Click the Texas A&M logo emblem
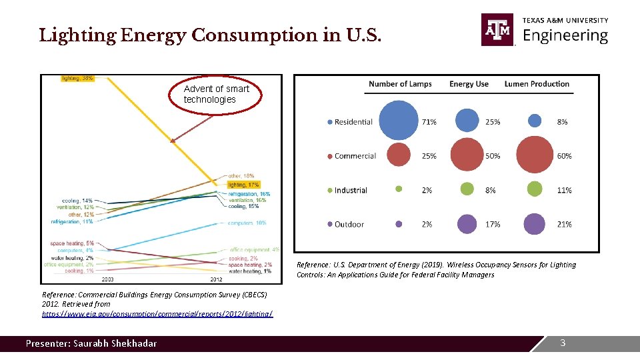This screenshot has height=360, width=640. point(498,30)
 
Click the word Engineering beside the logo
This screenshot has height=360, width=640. point(565,35)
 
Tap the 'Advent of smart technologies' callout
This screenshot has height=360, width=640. point(217,94)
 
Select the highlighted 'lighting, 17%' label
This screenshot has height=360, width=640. point(243,184)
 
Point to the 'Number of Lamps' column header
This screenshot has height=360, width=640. point(400,84)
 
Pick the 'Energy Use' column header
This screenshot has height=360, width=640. point(469,84)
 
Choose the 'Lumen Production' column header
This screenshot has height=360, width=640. point(537,84)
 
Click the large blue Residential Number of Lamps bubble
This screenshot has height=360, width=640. point(399,121)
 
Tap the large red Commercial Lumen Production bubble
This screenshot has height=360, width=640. point(535,155)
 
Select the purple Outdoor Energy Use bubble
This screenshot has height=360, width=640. point(467,224)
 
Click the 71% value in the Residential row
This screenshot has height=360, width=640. point(429,122)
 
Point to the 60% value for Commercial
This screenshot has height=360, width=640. point(564,156)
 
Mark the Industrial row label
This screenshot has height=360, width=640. point(350,190)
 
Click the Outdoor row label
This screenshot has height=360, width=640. point(349,225)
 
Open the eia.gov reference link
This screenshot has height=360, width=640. point(157,313)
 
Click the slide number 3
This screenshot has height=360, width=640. point(563,343)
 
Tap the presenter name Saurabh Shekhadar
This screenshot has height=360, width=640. point(91,343)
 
